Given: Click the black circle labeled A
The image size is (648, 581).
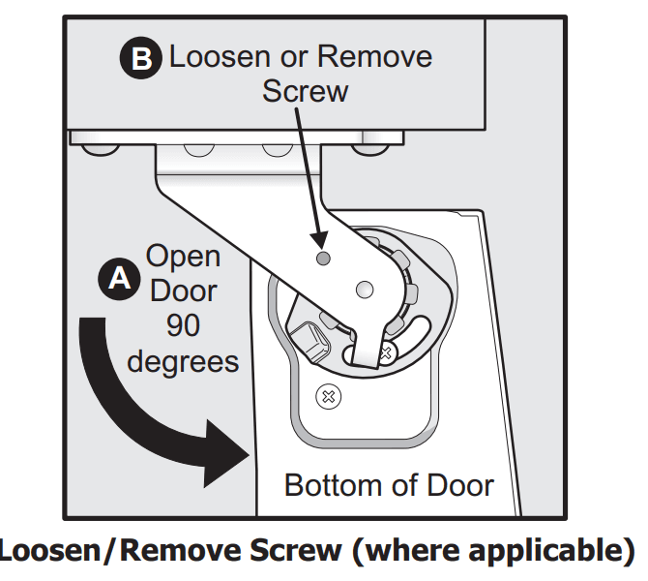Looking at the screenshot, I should (119, 279).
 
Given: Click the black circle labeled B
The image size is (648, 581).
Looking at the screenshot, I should (142, 59).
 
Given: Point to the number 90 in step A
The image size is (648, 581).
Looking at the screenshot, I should (183, 325).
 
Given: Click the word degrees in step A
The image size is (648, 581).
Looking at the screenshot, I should (183, 362).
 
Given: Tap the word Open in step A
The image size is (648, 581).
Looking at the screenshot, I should (183, 258).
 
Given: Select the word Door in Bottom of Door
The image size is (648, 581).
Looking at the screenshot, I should (456, 484).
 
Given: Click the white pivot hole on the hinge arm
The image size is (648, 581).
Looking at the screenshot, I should (365, 289).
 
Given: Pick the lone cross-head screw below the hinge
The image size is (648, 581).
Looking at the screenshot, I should (328, 395).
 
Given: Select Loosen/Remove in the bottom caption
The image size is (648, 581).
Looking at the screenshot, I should (116, 551).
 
